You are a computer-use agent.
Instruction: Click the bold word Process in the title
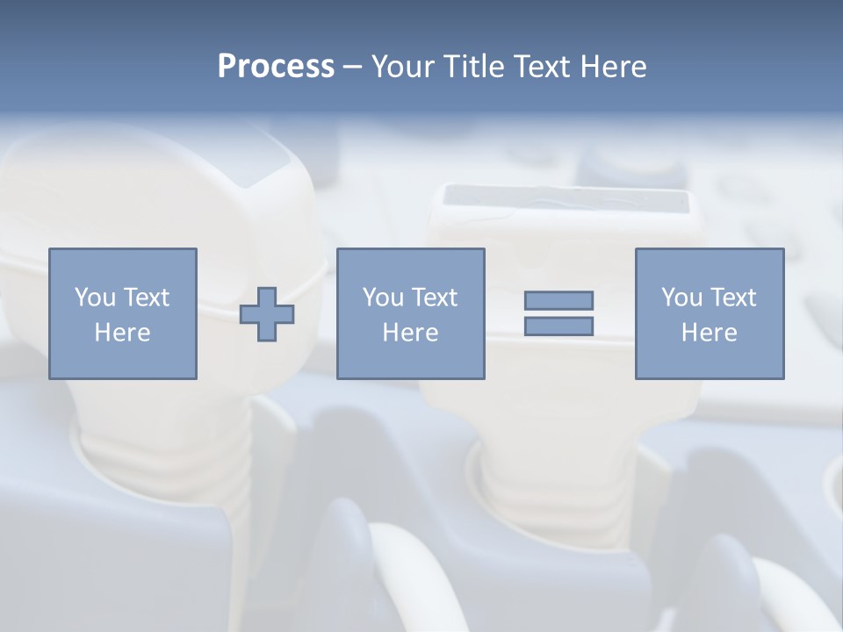click(x=276, y=67)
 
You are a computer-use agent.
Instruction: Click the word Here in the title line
click(x=616, y=67)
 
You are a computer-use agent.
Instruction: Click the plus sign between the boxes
click(x=267, y=314)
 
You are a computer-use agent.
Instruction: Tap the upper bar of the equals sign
click(x=558, y=300)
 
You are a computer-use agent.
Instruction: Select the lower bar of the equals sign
click(x=558, y=327)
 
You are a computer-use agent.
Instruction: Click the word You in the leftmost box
click(x=93, y=298)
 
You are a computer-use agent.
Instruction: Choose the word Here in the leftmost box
click(x=122, y=333)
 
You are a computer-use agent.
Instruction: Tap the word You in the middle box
click(x=382, y=298)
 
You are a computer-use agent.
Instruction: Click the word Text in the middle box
click(x=433, y=298)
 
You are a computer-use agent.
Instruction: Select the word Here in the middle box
click(x=410, y=333)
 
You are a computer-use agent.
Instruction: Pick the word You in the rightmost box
click(x=681, y=298)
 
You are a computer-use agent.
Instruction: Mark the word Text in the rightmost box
click(x=731, y=298)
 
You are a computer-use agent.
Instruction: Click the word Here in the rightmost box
click(x=709, y=333)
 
